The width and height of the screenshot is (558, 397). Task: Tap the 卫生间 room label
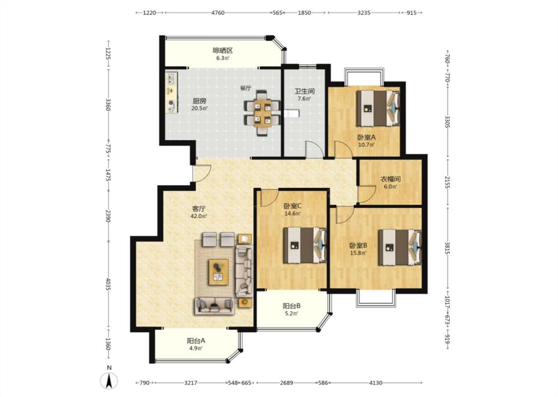pos(304,91)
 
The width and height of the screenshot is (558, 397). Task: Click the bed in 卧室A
pos(378,108)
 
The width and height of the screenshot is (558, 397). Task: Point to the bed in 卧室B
pos(400,247)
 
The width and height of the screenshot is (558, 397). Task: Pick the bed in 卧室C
pos(305,245)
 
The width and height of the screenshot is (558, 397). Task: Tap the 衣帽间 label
pos(391,179)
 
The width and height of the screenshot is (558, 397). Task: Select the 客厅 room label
pos(199,208)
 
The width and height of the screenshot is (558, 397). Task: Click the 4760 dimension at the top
pos(218,13)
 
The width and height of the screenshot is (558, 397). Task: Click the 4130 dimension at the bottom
pos(376,383)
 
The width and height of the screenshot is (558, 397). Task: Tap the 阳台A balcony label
pos(196,340)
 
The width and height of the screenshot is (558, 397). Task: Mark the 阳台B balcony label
pos(292,306)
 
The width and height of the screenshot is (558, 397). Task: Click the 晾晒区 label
pos(223,50)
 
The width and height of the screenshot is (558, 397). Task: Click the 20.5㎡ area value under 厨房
pos(199,108)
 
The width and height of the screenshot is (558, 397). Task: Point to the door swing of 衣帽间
pos(367,195)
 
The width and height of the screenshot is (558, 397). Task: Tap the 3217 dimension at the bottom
pos(191,383)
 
